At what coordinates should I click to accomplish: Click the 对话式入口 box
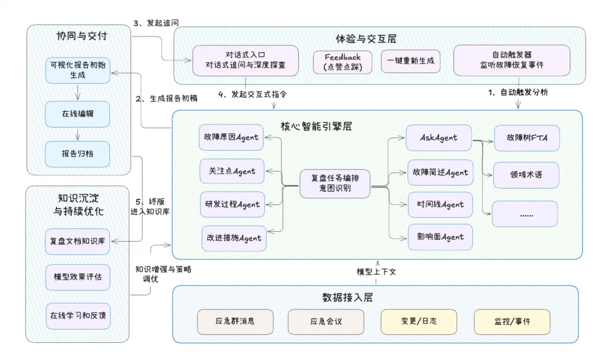coord(246,59)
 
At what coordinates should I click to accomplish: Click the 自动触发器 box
coord(512,59)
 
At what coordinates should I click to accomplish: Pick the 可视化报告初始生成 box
coord(77,70)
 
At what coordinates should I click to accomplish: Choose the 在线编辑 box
coord(77,113)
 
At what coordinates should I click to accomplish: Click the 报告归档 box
coord(77,153)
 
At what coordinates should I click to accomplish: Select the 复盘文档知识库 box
coord(77,241)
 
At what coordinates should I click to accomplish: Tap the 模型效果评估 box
coord(77,277)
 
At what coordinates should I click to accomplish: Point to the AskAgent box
coord(439,138)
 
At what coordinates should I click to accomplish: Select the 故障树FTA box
coord(525,138)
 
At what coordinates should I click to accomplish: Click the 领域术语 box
coord(525,175)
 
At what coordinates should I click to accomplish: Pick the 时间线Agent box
coord(439,205)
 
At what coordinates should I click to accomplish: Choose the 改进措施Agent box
coord(232,238)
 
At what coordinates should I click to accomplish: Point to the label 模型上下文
coord(376,272)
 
